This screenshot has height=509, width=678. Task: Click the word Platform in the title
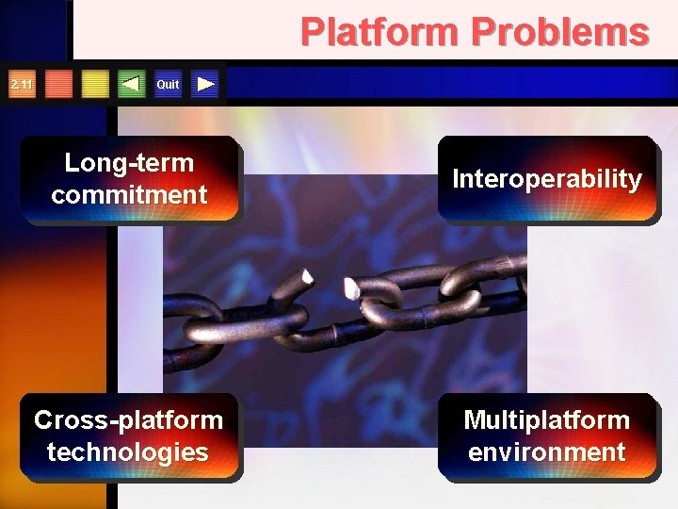380,32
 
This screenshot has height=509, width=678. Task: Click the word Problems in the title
560,32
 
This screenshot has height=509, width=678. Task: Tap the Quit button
168,85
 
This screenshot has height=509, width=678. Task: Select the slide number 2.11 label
21,85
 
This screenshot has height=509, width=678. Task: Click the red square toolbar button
59,85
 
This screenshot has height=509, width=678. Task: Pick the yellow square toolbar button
95,85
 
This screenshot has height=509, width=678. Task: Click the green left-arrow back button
132,85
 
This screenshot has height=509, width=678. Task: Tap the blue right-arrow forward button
206,85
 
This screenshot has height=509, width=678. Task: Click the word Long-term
129,163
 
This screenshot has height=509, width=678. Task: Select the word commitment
129,195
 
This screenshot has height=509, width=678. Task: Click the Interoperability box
546,179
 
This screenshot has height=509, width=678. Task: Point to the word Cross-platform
129,419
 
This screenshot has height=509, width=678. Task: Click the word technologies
128,452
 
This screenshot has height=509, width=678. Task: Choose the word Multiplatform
546,419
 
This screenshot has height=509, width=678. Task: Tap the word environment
546,452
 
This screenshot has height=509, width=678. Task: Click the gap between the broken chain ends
329,284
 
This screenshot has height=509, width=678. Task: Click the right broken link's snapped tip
349,287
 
